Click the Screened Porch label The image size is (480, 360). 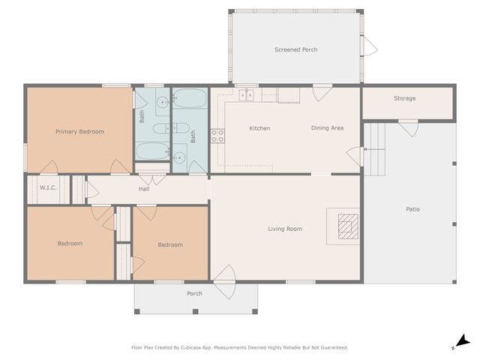[295, 49]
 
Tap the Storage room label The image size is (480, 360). [404, 98]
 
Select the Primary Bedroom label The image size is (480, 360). [79, 132]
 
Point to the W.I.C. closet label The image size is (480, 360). [48, 187]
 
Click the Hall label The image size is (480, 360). [144, 189]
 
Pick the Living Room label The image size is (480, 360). [285, 229]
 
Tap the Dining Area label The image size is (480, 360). [327, 128]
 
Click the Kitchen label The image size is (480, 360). [259, 128]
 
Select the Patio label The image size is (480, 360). [412, 209]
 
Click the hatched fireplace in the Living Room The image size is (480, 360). [348, 226]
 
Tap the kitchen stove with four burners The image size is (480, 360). [217, 136]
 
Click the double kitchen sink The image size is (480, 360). [247, 95]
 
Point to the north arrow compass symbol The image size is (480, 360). [462, 342]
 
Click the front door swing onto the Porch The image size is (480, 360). [225, 282]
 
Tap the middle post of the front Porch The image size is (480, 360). [195, 312]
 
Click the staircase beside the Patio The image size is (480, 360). [374, 149]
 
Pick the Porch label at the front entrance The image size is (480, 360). [194, 293]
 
